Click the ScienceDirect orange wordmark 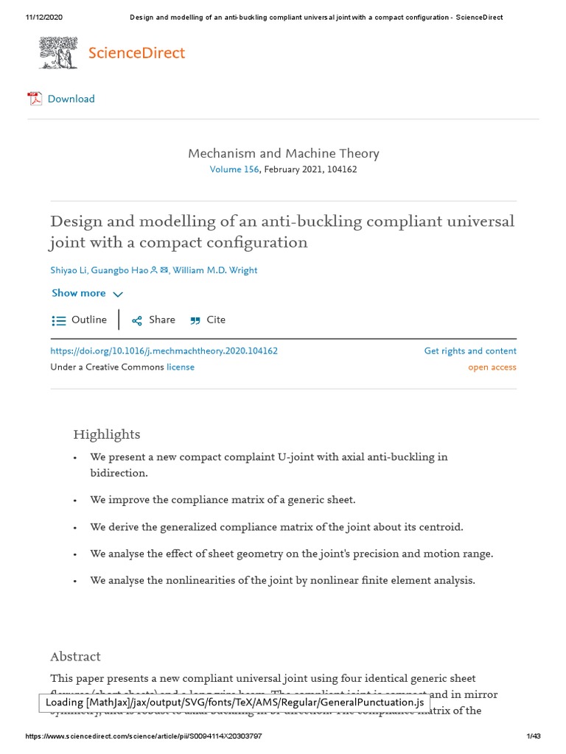coord(136,53)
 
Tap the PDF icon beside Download coord(35,99)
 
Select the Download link coord(71,99)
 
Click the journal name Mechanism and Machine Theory coord(283,153)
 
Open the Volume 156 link coord(234,169)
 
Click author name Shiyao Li coord(68,270)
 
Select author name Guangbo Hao coord(119,270)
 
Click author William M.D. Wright coord(214,270)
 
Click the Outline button coord(80,320)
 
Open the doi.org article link coord(164,351)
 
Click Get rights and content coord(469,351)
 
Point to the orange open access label coord(492,367)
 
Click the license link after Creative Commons coord(181,367)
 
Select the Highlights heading coord(106,434)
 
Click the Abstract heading coord(75,656)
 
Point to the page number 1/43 coord(534,736)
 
